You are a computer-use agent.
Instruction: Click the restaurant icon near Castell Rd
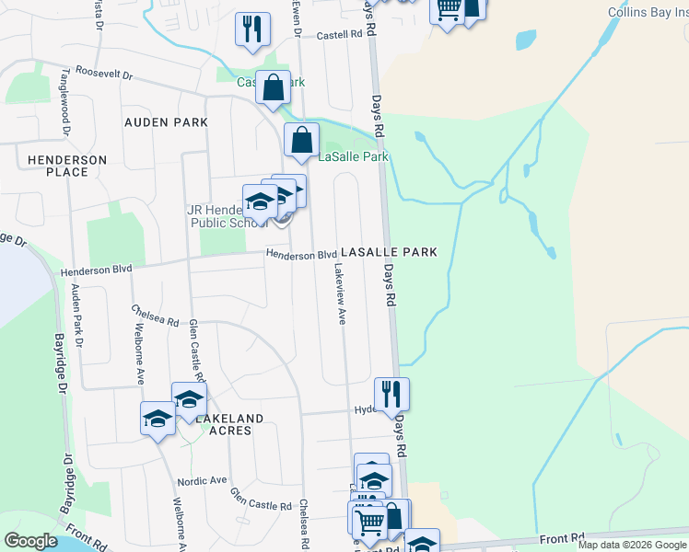(251, 29)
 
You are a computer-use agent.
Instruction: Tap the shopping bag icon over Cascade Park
(274, 88)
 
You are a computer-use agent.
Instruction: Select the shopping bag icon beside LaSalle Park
(301, 141)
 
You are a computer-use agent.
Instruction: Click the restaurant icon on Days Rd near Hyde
(391, 395)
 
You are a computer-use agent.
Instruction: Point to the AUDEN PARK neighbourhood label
(167, 121)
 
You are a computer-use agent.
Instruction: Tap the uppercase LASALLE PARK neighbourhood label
(388, 251)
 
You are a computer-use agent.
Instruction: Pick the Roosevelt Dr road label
(105, 72)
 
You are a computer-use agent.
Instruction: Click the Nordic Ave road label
(204, 480)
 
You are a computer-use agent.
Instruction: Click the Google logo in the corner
(30, 541)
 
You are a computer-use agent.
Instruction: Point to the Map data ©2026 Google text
(631, 545)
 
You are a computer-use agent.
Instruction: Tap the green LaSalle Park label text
(354, 156)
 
